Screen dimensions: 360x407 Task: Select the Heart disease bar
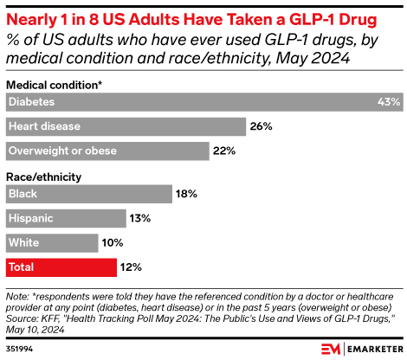coord(126,126)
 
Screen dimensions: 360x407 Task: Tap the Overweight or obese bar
coord(107,151)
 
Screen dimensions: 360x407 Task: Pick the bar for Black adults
coord(87,195)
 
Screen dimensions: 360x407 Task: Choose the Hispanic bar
coord(66,219)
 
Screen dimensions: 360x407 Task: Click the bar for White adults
coord(52,243)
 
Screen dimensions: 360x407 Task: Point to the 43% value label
coord(389,102)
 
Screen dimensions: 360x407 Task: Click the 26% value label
coord(262,126)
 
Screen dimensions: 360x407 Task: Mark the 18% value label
coord(187,195)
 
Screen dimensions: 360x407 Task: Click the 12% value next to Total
coord(131,267)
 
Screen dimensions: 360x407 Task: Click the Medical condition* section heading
coord(55,85)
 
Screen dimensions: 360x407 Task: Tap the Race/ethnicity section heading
coord(44,177)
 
